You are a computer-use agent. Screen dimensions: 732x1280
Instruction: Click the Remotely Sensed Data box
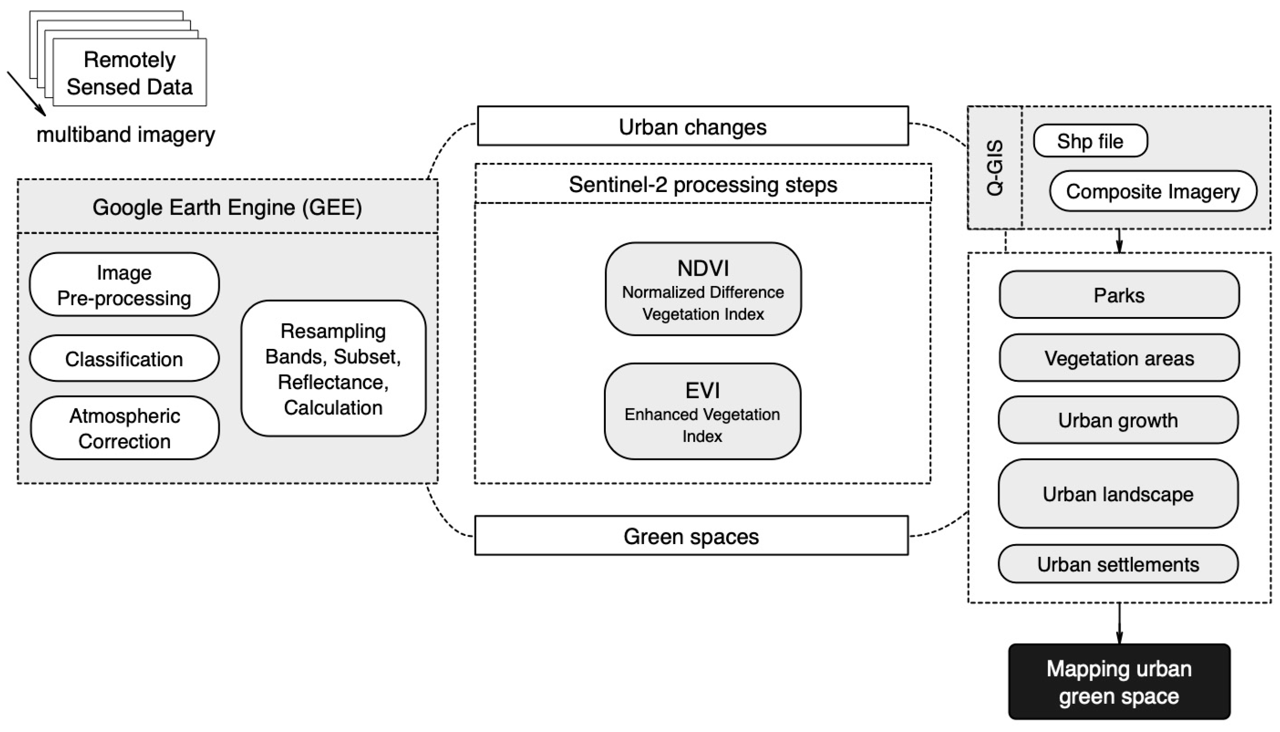pyautogui.click(x=129, y=72)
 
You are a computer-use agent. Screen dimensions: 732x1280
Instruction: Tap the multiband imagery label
pyautogui.click(x=126, y=135)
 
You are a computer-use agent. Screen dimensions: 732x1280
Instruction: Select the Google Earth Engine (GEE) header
pyautogui.click(x=227, y=207)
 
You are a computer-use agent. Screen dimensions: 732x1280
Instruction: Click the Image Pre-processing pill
pyautogui.click(x=124, y=285)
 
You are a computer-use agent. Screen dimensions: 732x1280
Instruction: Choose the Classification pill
pyautogui.click(x=124, y=359)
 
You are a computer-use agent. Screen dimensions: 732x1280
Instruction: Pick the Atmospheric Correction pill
pyautogui.click(x=124, y=428)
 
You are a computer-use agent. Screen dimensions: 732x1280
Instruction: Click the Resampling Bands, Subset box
pyautogui.click(x=333, y=369)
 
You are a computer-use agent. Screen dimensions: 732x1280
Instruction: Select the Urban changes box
pyautogui.click(x=692, y=126)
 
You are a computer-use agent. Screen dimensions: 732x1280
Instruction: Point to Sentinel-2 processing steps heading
pyautogui.click(x=703, y=184)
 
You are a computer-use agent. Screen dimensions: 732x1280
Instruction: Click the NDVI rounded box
pyautogui.click(x=703, y=290)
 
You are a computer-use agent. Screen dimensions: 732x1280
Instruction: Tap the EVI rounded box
pyautogui.click(x=703, y=411)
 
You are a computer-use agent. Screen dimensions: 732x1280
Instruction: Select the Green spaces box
pyautogui.click(x=691, y=536)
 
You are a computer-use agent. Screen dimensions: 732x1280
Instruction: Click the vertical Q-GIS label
pyautogui.click(x=995, y=167)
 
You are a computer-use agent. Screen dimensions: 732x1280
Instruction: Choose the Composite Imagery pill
pyautogui.click(x=1153, y=192)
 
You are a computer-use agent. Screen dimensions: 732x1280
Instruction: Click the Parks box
pyautogui.click(x=1118, y=295)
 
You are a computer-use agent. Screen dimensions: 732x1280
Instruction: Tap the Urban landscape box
pyautogui.click(x=1118, y=494)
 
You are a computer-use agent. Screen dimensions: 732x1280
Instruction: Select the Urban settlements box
pyautogui.click(x=1118, y=564)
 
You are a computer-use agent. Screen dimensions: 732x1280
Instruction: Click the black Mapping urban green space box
pyautogui.click(x=1119, y=682)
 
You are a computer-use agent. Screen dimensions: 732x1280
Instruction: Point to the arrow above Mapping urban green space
pyautogui.click(x=1119, y=623)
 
